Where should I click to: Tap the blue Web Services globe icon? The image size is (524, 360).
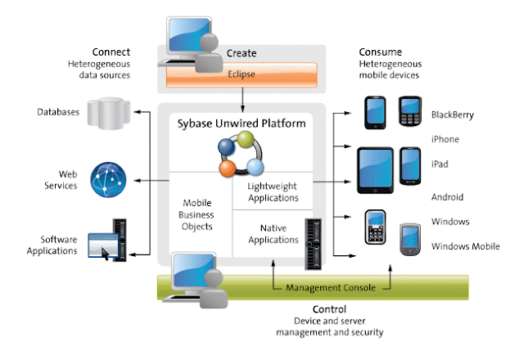tap(109, 180)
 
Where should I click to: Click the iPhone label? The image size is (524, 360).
tap(445, 140)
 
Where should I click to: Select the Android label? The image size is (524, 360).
tap(446, 197)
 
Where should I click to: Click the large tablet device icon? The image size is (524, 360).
tap(376, 169)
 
